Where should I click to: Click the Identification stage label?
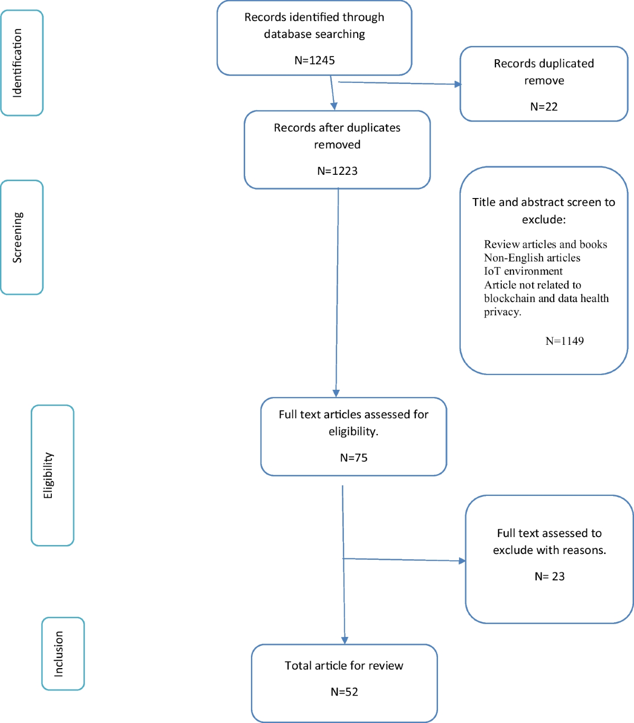click(17, 63)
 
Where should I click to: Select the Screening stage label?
click(17, 237)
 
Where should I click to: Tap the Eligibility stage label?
click(48, 475)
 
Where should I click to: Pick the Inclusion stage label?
click(59, 654)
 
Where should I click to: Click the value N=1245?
click(314, 60)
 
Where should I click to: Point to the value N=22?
click(544, 107)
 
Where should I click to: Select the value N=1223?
click(337, 171)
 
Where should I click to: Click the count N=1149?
click(564, 341)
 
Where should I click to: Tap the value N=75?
click(353, 458)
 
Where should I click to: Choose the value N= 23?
click(549, 577)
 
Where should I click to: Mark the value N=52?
click(344, 692)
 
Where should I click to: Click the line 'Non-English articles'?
click(532, 258)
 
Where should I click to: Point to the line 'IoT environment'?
click(523, 271)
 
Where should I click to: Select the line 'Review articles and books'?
click(545, 245)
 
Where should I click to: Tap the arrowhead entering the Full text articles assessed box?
click(336, 393)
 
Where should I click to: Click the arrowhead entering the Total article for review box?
click(344, 640)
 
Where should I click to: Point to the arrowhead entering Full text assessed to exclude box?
click(462, 561)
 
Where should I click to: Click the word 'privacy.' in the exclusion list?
click(502, 312)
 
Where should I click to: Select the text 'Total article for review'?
click(344, 665)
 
